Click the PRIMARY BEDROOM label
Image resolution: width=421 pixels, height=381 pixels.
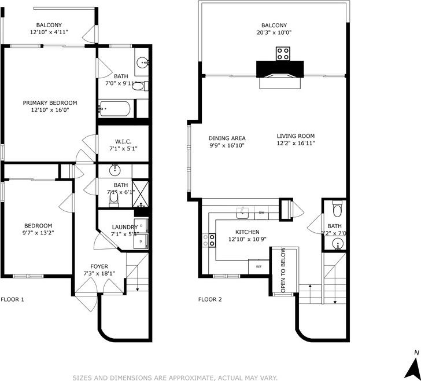50,102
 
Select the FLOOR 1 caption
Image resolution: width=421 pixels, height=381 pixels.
13,299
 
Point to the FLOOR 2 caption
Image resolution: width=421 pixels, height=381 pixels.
211,299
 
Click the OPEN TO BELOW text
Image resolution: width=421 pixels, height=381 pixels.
283,270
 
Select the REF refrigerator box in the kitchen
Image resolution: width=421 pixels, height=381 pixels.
258,266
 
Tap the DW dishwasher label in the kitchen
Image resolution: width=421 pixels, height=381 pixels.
262,213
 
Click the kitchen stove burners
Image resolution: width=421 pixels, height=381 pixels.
209,240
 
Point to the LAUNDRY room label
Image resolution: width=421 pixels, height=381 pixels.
124,227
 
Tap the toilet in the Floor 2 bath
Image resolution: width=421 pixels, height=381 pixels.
338,207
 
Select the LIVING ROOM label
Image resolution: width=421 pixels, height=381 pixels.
295,136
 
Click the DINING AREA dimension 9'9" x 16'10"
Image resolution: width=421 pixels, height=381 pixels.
227,145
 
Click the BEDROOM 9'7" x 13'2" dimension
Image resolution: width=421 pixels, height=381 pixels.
38,233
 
